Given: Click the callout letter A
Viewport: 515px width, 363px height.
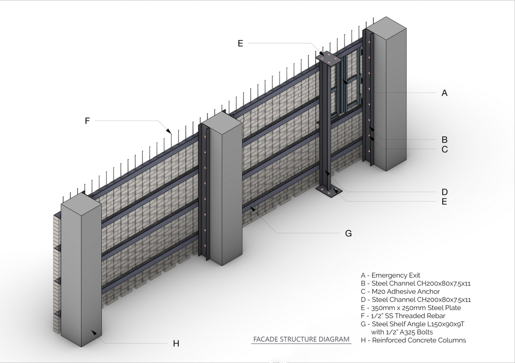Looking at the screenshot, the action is coord(444,93).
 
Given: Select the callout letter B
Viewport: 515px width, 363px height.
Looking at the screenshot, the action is coord(444,139).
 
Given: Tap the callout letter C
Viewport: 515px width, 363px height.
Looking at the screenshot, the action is coord(445,149).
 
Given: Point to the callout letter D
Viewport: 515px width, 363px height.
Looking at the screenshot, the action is coord(445,192).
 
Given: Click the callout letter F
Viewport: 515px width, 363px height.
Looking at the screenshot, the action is coord(87,121).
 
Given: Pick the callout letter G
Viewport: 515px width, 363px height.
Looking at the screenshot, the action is coord(348,234).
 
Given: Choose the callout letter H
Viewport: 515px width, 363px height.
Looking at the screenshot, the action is coord(176,344).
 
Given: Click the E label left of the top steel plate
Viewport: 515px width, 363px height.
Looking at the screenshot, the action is coord(240,43).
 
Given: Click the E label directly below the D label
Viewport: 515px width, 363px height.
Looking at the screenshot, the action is coord(444,202).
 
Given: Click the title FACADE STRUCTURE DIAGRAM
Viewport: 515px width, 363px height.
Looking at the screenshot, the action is coord(301,339).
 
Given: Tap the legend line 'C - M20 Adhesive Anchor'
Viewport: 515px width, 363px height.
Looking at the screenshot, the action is coord(400,291).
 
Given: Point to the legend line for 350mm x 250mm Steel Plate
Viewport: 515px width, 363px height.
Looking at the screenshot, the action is coord(411,308).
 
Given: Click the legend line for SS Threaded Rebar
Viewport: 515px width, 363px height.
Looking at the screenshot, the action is coord(403,316).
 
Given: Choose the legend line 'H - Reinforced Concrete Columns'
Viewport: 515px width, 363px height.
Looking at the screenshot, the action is coord(413,340).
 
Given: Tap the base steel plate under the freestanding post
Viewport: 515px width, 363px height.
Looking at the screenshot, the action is coord(329,191).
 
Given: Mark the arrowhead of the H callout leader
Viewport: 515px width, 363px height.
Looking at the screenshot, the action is coord(94,333).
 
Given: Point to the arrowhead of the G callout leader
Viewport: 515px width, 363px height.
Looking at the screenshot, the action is coord(253,209).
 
